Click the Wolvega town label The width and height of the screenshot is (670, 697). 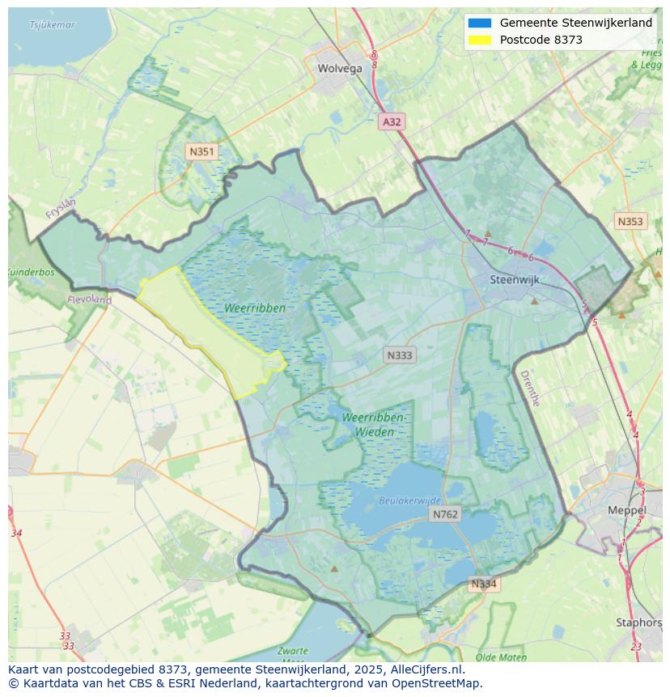(x=340, y=69)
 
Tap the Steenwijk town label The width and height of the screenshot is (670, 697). (x=515, y=280)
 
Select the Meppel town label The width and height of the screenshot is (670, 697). (x=627, y=511)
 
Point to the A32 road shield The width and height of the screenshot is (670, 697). (x=392, y=121)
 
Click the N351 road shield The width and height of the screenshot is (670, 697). (x=201, y=151)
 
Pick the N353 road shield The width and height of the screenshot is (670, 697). (x=630, y=221)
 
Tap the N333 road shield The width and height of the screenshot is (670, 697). (x=400, y=355)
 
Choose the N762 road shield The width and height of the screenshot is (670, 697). (x=445, y=514)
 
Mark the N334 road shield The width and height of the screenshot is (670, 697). (x=484, y=584)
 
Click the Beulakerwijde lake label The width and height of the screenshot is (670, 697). (x=410, y=501)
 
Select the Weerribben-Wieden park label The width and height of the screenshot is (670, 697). (x=374, y=424)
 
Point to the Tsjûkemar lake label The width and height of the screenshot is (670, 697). (x=53, y=25)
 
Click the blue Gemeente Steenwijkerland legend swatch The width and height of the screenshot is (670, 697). (x=479, y=23)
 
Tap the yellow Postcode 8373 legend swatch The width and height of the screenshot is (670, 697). (x=479, y=40)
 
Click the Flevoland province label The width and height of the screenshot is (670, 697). (x=90, y=300)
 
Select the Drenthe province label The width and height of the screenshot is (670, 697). (x=529, y=388)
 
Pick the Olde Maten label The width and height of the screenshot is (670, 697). (x=502, y=657)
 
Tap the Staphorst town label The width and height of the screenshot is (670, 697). (x=639, y=623)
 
